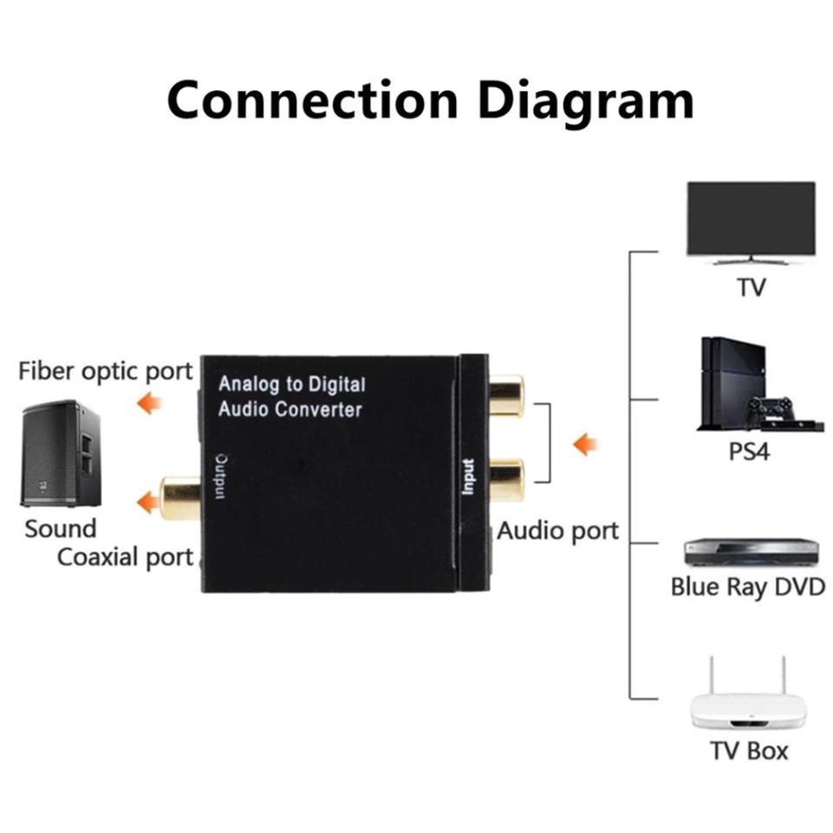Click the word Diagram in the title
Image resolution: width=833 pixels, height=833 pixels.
586,101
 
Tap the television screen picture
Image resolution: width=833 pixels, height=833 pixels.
751,218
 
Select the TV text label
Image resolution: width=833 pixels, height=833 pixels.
751,287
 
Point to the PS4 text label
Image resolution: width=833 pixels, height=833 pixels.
750,452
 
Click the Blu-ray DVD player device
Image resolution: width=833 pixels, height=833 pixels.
751,551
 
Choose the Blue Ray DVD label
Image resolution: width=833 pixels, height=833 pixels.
747,587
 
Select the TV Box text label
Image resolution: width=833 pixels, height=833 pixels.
750,750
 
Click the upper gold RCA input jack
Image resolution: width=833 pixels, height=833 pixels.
506,395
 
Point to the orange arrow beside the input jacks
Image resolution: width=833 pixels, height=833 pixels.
586,445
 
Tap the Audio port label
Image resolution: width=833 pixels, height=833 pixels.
557,530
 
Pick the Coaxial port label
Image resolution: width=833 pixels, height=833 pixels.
125,556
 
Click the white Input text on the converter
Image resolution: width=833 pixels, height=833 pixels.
468,477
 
